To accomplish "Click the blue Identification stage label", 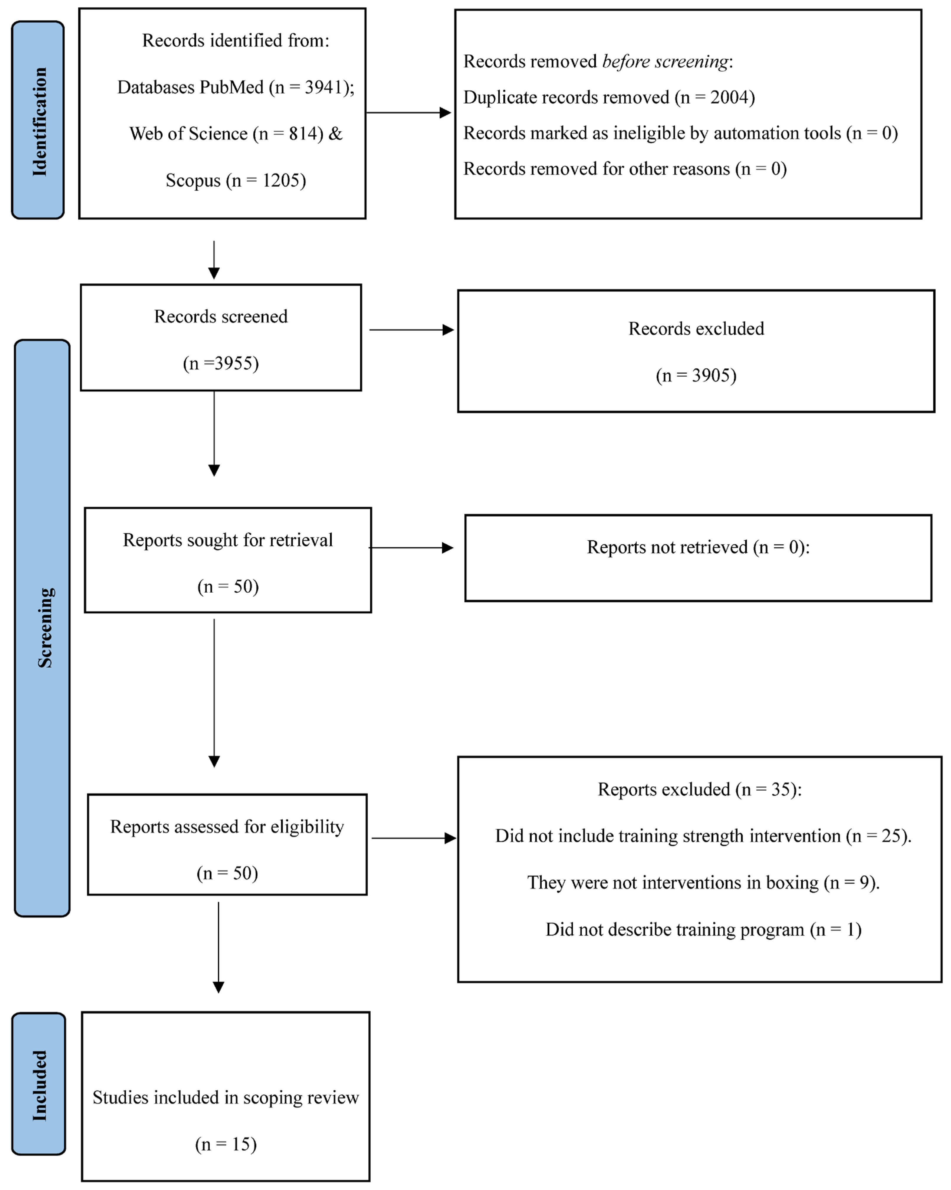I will pyautogui.click(x=38, y=120).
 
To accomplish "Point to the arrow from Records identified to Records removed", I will pyautogui.click(x=408, y=113).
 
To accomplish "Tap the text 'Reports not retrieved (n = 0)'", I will pyautogui.click(x=697, y=547).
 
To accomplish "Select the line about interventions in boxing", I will pyautogui.click(x=703, y=882).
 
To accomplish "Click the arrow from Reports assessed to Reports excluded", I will pyautogui.click(x=414, y=838).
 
